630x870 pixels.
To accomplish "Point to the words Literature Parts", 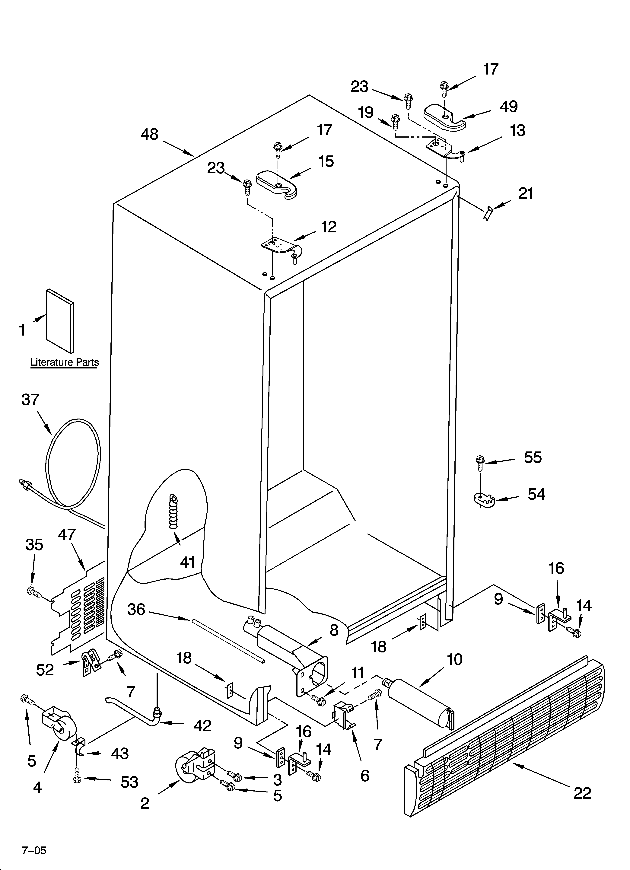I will click(x=65, y=362).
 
